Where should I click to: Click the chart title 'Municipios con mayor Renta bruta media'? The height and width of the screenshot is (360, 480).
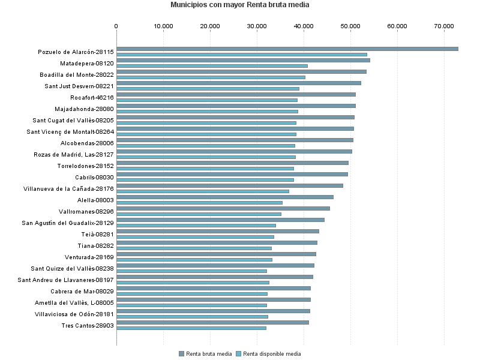(239, 5)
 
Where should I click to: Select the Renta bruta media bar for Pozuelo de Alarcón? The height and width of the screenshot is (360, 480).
(287, 49)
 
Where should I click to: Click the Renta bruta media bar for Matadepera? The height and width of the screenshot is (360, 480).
(243, 60)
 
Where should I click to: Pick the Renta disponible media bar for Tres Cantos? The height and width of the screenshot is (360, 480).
(191, 328)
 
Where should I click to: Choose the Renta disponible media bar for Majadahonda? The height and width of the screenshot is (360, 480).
(207, 112)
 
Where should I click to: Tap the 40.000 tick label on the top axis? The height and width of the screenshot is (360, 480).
(304, 26)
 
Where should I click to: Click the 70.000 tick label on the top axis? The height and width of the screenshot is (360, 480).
(444, 26)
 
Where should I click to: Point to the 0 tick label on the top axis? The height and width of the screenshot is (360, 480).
(116, 26)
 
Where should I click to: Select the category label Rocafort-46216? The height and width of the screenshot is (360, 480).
(92, 97)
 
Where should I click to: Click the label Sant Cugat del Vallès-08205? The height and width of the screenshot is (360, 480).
(73, 120)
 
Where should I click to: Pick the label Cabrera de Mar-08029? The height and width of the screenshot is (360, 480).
(82, 291)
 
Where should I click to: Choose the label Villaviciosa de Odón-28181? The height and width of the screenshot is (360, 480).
(74, 314)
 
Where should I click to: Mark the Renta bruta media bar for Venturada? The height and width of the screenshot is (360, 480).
(216, 254)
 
